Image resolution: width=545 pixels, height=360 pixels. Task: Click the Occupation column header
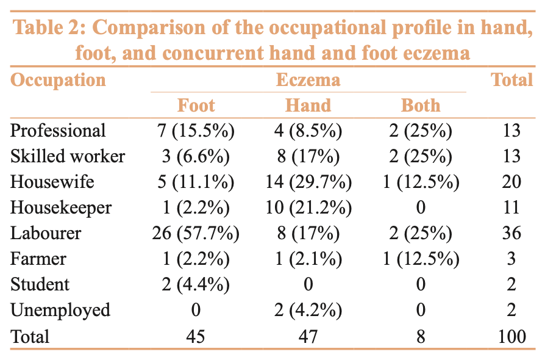[58, 80]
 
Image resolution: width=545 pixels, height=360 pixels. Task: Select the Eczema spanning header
[308, 80]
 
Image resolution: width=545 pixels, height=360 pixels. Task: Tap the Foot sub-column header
[196, 105]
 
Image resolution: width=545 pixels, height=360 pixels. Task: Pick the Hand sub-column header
[308, 105]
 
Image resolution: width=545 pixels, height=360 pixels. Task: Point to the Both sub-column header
[420, 105]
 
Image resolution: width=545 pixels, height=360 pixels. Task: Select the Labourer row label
[46, 233]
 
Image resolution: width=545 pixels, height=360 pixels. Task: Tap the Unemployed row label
[60, 310]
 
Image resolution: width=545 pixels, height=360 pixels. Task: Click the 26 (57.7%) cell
[196, 233]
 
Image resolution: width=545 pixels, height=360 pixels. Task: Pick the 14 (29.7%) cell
[308, 182]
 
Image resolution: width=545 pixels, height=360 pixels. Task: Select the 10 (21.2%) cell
[308, 207]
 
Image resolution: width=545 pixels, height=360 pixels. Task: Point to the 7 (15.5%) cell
[196, 131]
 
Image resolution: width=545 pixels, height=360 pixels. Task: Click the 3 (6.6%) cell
[196, 156]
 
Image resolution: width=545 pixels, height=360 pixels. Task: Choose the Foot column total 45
[196, 336]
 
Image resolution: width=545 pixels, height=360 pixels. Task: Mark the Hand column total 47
[308, 336]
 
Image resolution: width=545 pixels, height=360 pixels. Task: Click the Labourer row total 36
[512, 233]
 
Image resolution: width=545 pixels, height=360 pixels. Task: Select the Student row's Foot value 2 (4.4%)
[196, 284]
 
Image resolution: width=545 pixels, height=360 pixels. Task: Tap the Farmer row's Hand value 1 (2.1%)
[308, 259]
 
